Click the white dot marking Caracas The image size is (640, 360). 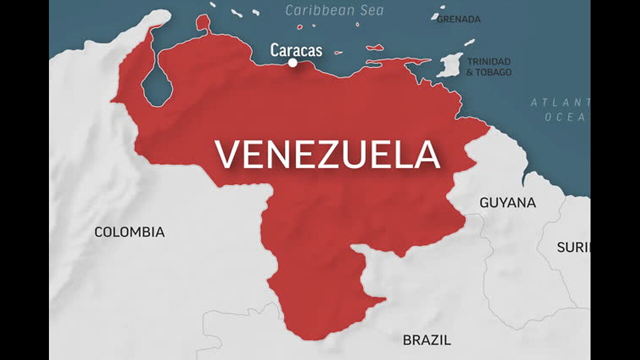click(x=292, y=62)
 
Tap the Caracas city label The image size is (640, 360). click(x=296, y=50)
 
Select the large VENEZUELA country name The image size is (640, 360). click(x=327, y=154)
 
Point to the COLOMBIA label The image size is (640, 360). click(x=129, y=232)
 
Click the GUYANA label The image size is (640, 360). click(x=507, y=202)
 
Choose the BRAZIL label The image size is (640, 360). click(x=426, y=340)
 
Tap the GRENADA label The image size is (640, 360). click(x=458, y=19)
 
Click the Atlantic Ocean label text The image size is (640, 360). click(x=560, y=109)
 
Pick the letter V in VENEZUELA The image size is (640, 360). click(x=227, y=154)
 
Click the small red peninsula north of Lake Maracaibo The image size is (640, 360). click(x=203, y=22)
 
